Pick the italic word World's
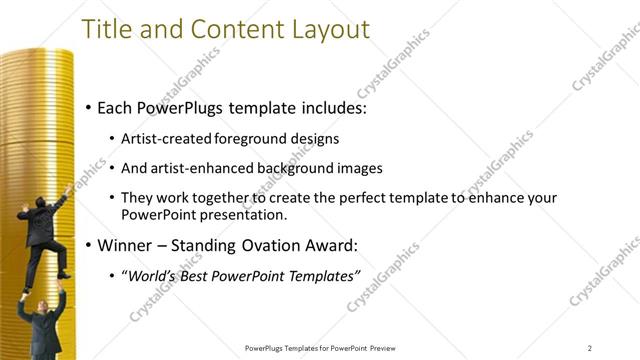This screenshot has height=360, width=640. click(x=150, y=275)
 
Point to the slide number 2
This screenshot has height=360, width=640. click(x=589, y=348)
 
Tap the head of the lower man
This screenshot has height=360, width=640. click(x=40, y=297)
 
